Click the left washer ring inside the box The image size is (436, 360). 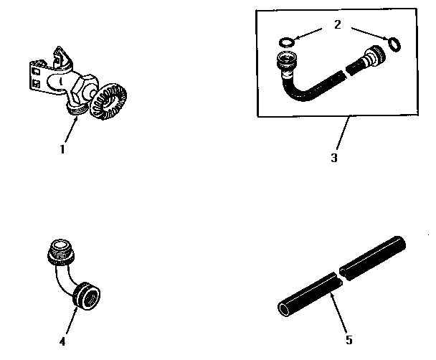pyautogui.click(x=285, y=42)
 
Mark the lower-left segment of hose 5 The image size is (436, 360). pyautogui.click(x=305, y=298)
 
